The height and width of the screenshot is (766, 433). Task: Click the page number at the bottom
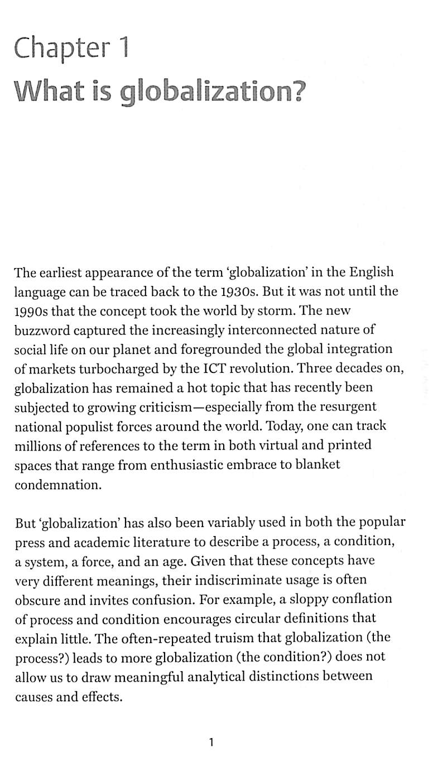(210, 742)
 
